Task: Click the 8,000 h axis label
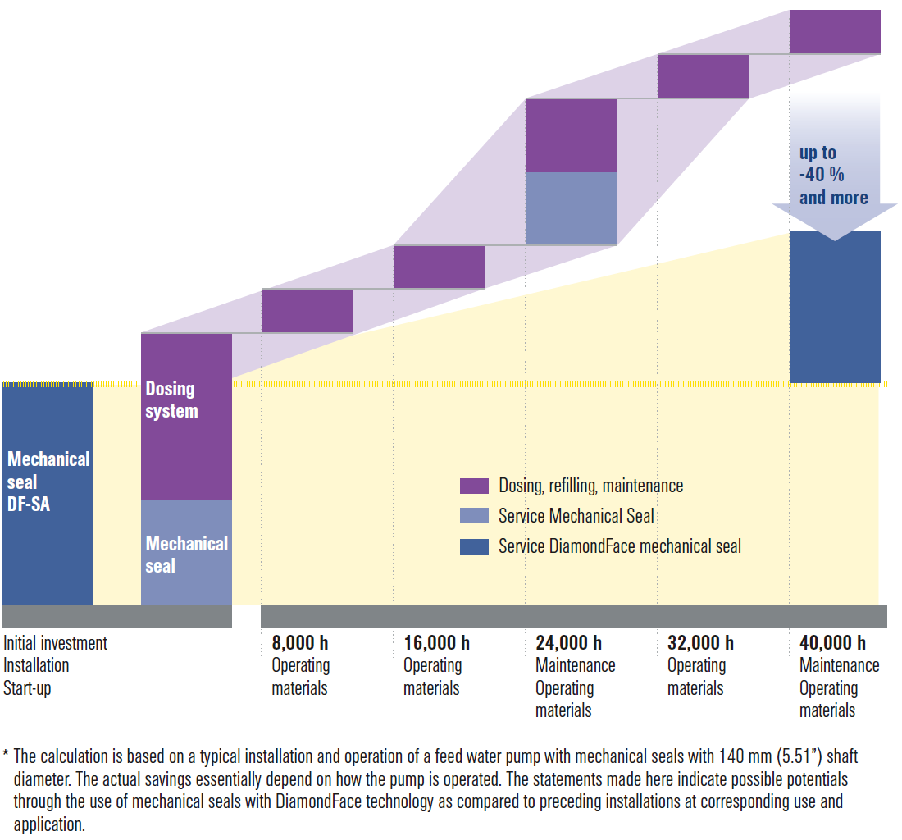tap(300, 643)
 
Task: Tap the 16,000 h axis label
tap(436, 643)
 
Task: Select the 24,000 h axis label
tap(568, 643)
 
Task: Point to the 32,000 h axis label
tap(700, 643)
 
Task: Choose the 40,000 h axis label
tap(832, 643)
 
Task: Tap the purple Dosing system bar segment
tap(186, 417)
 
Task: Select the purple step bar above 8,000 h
tap(307, 310)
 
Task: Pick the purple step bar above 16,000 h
tap(439, 267)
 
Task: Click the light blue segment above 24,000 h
tap(571, 208)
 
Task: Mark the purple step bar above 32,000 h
tap(703, 76)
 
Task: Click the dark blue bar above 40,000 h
tap(835, 307)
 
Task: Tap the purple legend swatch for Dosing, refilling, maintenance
tap(474, 486)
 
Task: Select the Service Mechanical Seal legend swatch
tap(474, 516)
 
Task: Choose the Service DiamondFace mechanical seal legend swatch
tap(474, 546)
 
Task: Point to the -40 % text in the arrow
tap(822, 175)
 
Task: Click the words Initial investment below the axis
tap(55, 643)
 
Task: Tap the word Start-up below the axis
tap(27, 688)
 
